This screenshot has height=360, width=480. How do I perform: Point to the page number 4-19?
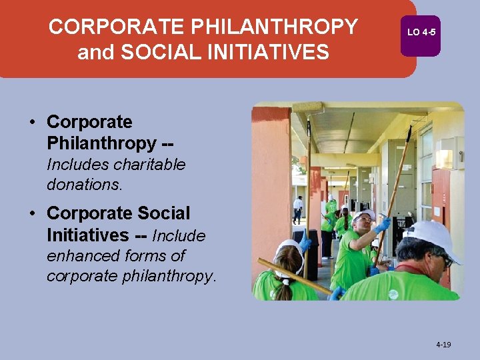pos(443,345)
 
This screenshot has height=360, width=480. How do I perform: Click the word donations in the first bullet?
pos(85,185)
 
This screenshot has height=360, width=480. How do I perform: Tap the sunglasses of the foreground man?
pos(445,261)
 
